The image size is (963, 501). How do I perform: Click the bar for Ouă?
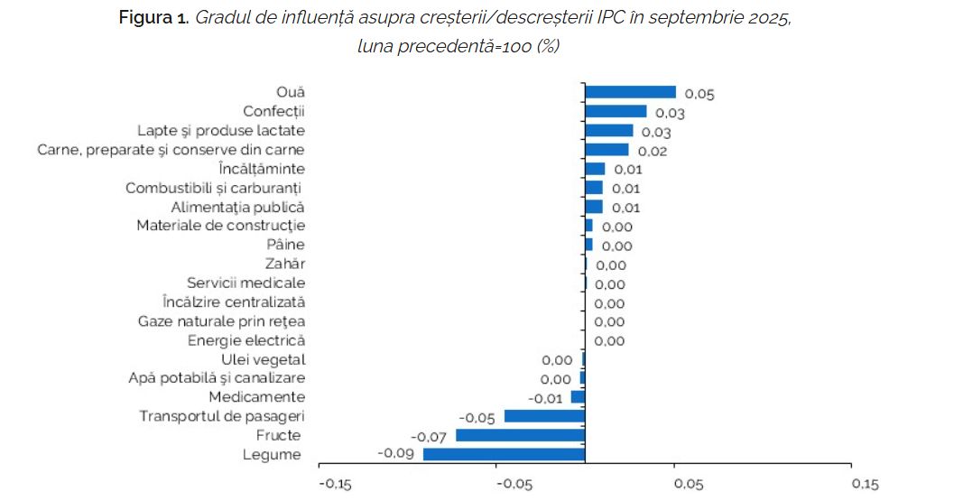630,92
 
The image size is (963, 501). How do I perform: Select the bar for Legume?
504,454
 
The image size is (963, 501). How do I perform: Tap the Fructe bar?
521,435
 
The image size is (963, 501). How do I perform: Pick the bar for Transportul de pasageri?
544,416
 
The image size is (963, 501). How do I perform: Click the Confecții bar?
616,111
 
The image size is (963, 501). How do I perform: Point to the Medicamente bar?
578,397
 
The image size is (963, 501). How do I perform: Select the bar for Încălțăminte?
595,169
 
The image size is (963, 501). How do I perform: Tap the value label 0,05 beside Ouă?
699,94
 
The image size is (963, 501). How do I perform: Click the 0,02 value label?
652,151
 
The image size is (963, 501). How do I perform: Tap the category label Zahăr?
285,264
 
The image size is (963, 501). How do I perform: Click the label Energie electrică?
246,340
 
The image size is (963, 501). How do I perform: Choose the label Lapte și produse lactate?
221,130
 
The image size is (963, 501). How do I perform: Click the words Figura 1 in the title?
153,18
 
